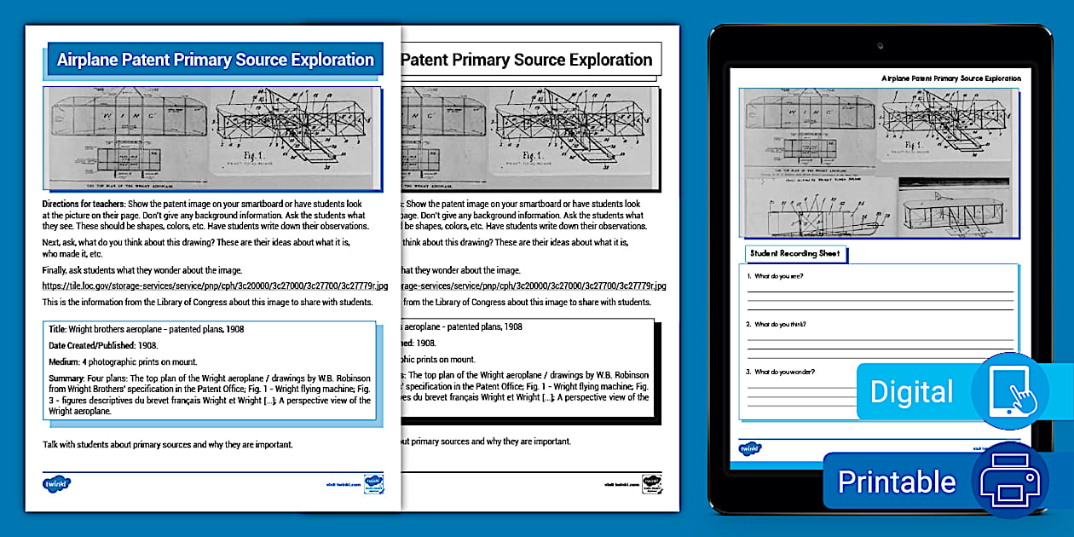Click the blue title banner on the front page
click(x=215, y=60)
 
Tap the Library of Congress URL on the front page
click(x=215, y=286)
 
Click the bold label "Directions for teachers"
click(x=82, y=205)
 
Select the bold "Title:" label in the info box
click(x=57, y=328)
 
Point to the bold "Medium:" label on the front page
click(x=64, y=361)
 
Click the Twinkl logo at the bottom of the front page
click(x=56, y=483)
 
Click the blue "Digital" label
click(x=911, y=392)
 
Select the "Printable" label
click(x=897, y=482)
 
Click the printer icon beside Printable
click(x=1010, y=482)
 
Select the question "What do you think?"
click(x=780, y=324)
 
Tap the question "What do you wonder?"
click(x=783, y=372)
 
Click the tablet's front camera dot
click(x=880, y=44)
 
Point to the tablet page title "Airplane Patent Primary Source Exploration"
click(x=950, y=78)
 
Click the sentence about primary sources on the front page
click(x=168, y=444)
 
